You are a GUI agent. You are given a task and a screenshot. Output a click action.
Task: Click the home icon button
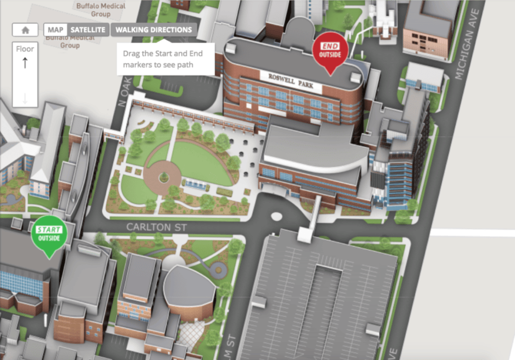click(25, 30)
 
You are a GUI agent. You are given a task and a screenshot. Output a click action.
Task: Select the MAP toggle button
click(55, 30)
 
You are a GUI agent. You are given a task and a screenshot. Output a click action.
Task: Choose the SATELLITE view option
click(88, 30)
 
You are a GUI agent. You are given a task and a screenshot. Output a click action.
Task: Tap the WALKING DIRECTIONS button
click(154, 30)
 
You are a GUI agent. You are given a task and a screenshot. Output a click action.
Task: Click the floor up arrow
click(25, 63)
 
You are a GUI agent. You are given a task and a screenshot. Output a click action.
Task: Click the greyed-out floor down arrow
click(25, 98)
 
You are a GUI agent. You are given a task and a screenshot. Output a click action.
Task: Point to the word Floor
click(25, 49)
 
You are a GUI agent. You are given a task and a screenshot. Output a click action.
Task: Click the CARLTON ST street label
click(156, 227)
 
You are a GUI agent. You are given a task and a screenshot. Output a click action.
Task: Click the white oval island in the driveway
click(277, 217)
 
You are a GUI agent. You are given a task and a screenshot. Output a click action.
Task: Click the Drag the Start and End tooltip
click(166, 59)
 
